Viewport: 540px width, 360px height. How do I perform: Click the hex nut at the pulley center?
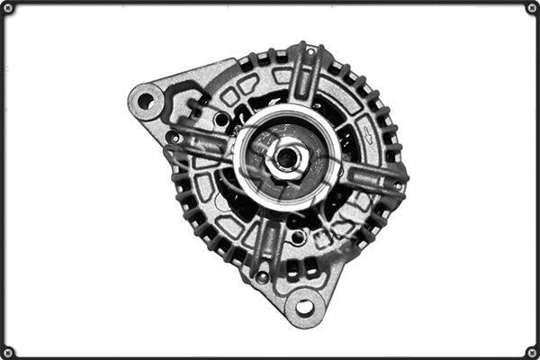pos(287,159)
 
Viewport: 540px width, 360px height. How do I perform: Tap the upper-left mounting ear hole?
pos(145,101)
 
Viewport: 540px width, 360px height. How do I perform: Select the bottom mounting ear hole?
pos(305,308)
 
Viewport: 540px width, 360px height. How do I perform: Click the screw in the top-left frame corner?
pos(8,8)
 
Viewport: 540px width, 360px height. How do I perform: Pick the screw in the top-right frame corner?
pos(531,8)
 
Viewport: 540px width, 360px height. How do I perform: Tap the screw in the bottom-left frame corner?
pos(8,351)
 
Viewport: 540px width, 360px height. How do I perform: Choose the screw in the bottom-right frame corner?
pos(531,351)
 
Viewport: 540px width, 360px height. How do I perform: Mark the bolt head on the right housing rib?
pos(397,185)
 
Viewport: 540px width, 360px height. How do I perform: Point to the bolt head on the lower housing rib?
pos(262,276)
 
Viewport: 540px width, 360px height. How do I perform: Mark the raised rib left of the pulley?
pos(202,144)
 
